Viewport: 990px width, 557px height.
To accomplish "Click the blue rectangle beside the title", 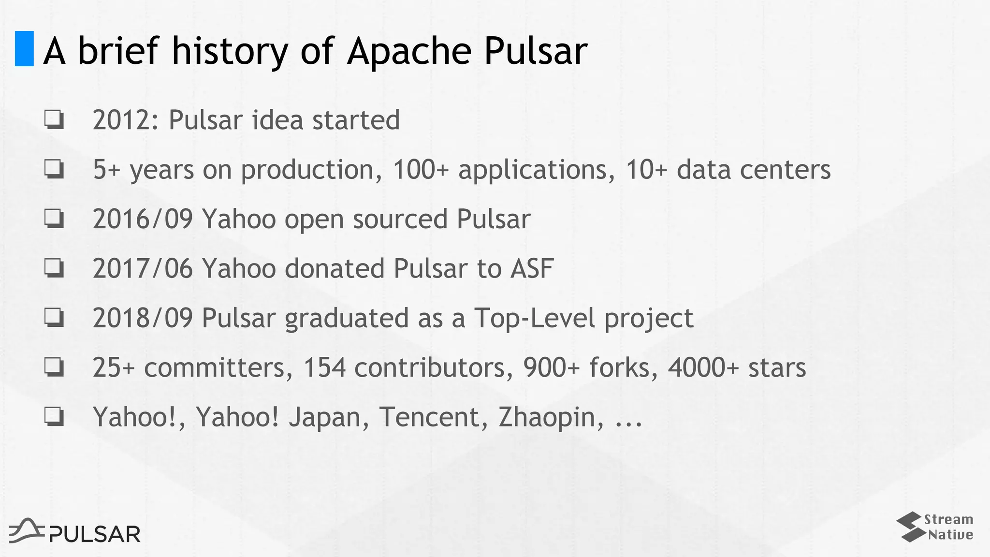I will coord(24,48).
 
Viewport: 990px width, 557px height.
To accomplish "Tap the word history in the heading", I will coord(230,51).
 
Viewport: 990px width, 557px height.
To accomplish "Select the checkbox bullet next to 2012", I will coord(54,119).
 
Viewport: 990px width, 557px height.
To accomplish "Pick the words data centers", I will coord(753,170).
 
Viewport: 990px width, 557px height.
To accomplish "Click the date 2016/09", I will coord(143,219).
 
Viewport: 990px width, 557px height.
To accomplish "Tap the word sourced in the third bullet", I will coord(400,219).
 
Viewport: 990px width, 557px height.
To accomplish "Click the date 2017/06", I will coord(143,268).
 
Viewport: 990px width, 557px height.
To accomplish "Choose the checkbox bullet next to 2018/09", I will coord(54,318).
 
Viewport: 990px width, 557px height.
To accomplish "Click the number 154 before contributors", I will coord(324,367).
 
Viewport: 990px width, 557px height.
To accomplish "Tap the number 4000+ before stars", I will coord(703,367).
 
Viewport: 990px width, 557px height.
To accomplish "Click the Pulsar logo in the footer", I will coord(75,531).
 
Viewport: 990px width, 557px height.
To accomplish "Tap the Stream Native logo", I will coord(935,527).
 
